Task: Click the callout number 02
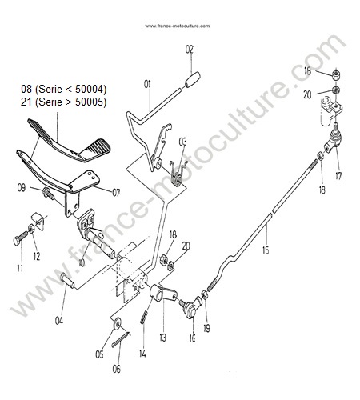coord(189,50)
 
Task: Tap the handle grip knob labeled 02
coord(193,79)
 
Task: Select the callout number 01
coord(147,84)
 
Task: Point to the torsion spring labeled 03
coord(178,174)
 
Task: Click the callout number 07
coord(116,193)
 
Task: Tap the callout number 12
coord(37,257)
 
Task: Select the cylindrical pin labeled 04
coord(67,281)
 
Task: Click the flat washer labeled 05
coord(117,323)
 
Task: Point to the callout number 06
coord(117,369)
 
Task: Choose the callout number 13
coord(162,338)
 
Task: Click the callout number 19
coord(207,328)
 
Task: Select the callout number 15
coord(266,250)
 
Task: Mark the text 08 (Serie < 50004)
coord(63,90)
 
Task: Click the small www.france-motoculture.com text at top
coord(178,26)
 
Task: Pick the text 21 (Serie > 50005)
coord(63,102)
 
